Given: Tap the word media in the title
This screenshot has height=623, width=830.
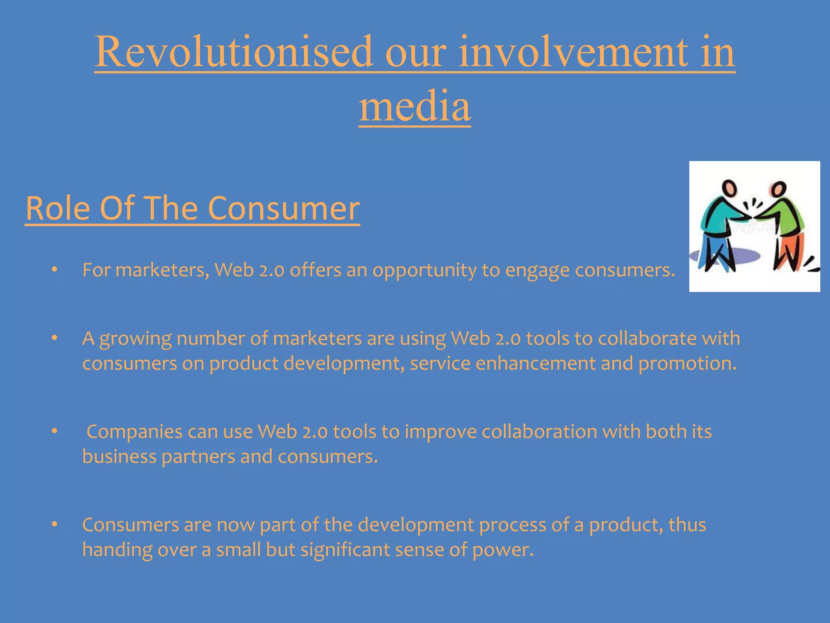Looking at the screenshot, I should pyautogui.click(x=415, y=106).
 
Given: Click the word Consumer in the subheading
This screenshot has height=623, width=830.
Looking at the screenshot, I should pyautogui.click(x=284, y=208).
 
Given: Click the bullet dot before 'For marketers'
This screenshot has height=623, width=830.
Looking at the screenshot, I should pyautogui.click(x=55, y=270).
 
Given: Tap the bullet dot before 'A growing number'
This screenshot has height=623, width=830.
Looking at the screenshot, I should pyautogui.click(x=55, y=338).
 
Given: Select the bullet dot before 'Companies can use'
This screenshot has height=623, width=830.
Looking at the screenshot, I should pyautogui.click(x=55, y=431).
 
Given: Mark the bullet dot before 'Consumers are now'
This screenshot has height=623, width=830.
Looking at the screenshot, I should pyautogui.click(x=55, y=524).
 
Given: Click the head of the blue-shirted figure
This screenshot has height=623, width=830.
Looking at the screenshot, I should pyautogui.click(x=729, y=188).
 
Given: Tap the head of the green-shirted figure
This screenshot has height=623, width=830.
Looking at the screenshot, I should pyautogui.click(x=779, y=189).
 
